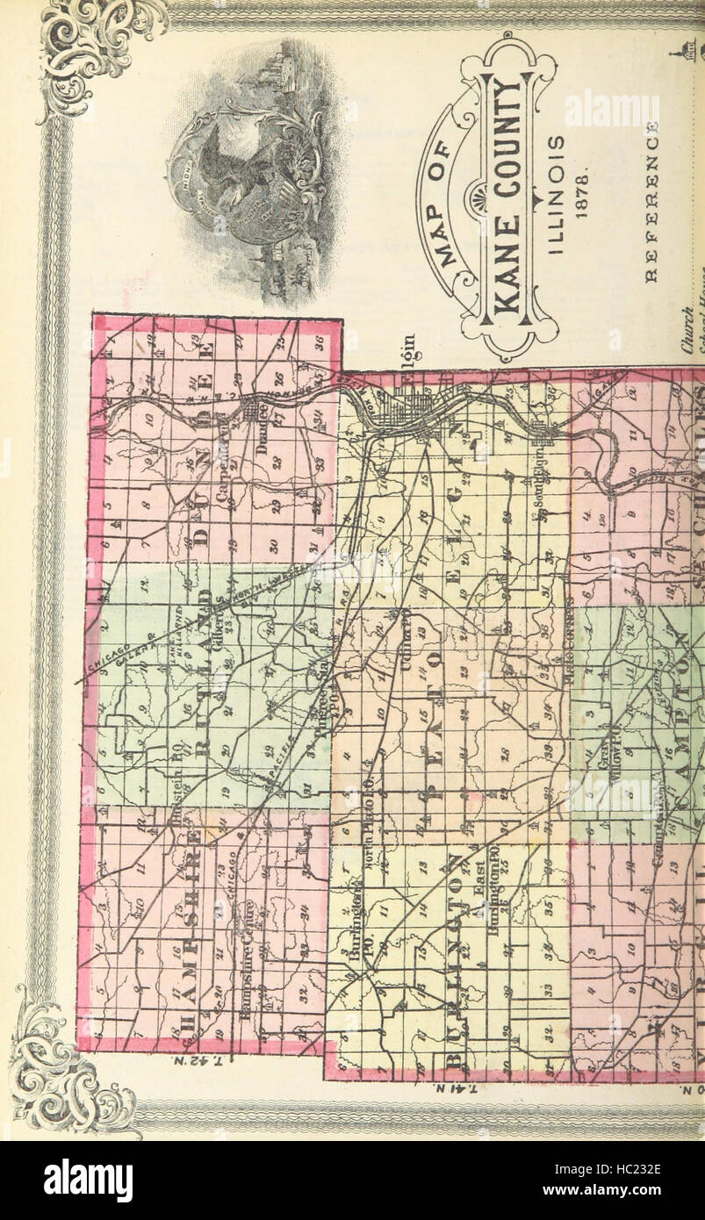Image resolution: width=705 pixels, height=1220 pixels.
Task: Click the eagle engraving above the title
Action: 255,176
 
